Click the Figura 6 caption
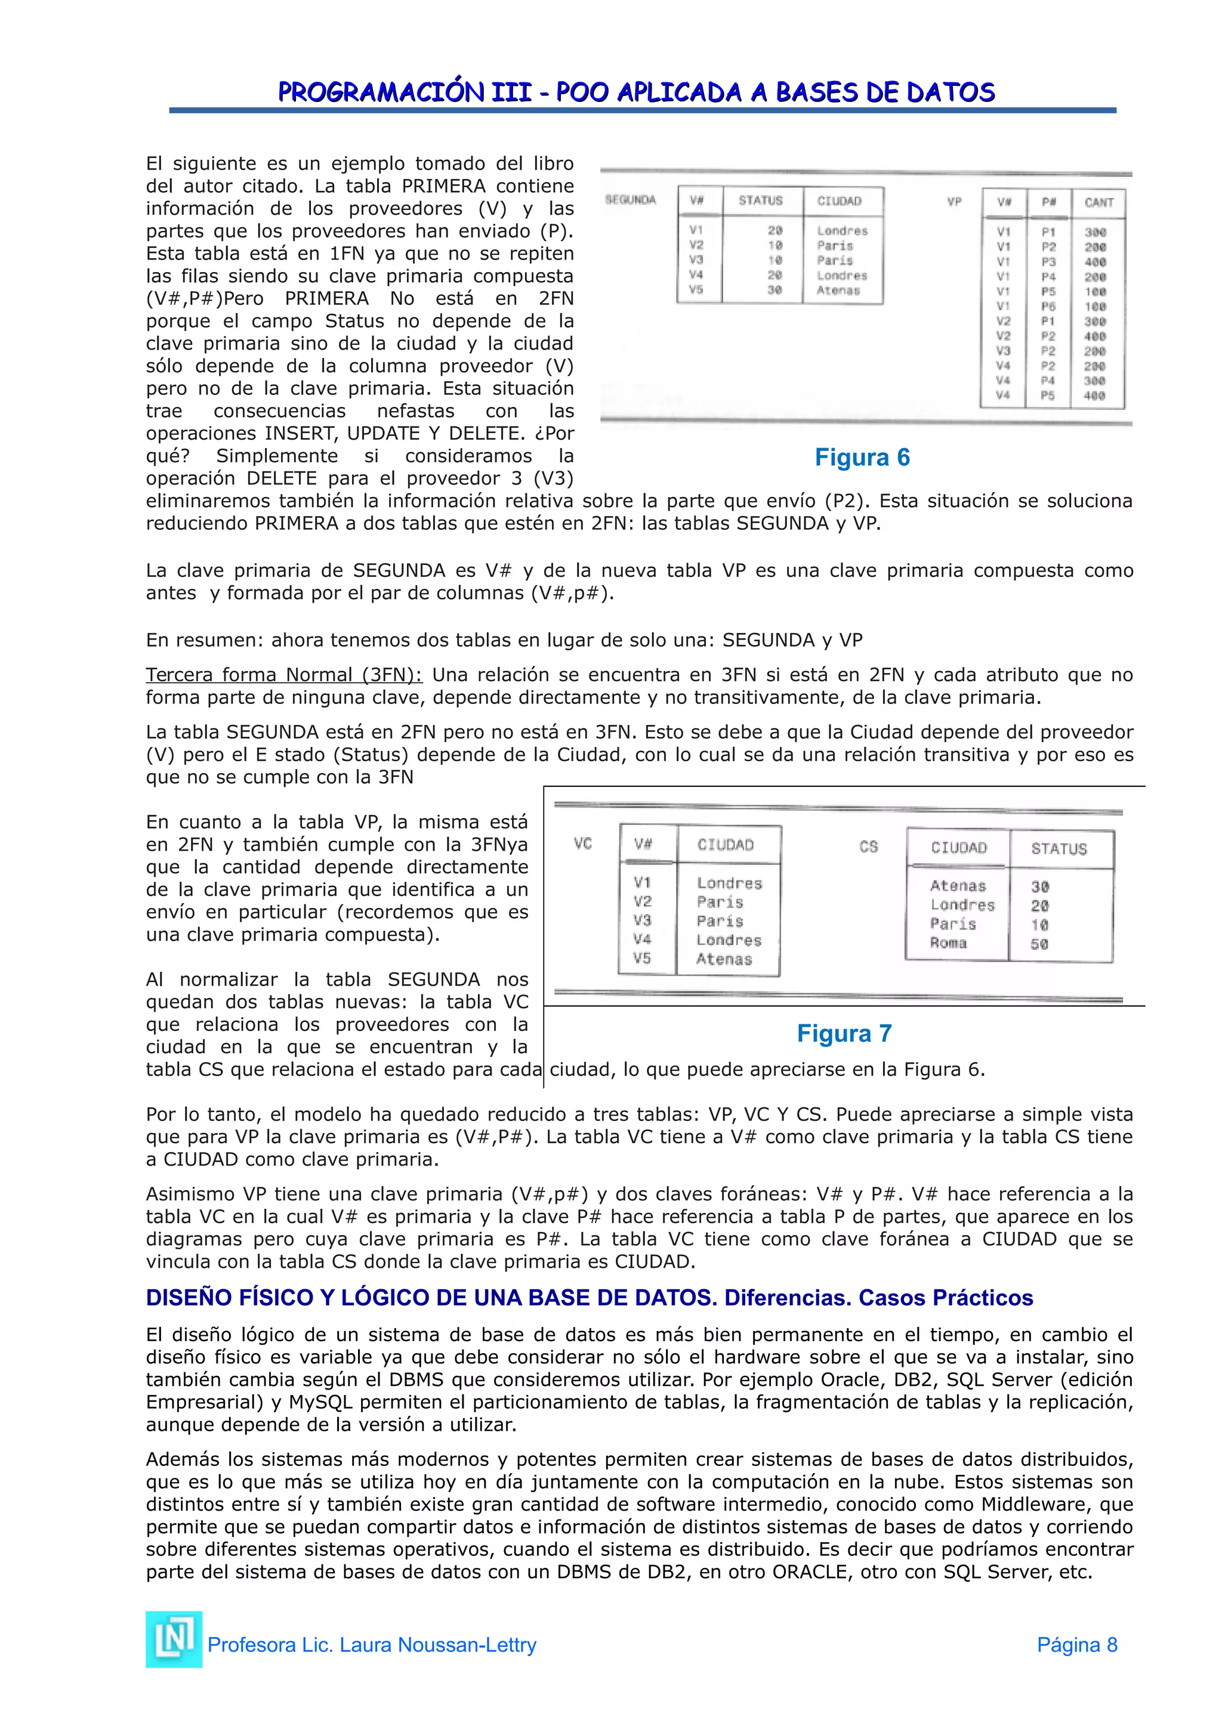862,457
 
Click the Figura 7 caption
844,1033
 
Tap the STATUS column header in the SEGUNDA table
760,200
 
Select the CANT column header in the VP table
1098,203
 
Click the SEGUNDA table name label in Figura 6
630,199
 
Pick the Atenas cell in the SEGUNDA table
838,291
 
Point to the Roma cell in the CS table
948,943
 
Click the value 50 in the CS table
1039,944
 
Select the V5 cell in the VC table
641,959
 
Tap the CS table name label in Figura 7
868,847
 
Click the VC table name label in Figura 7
583,844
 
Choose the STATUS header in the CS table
1059,848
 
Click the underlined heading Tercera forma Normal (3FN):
284,675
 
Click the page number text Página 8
1076,1645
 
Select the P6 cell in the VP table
1048,307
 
